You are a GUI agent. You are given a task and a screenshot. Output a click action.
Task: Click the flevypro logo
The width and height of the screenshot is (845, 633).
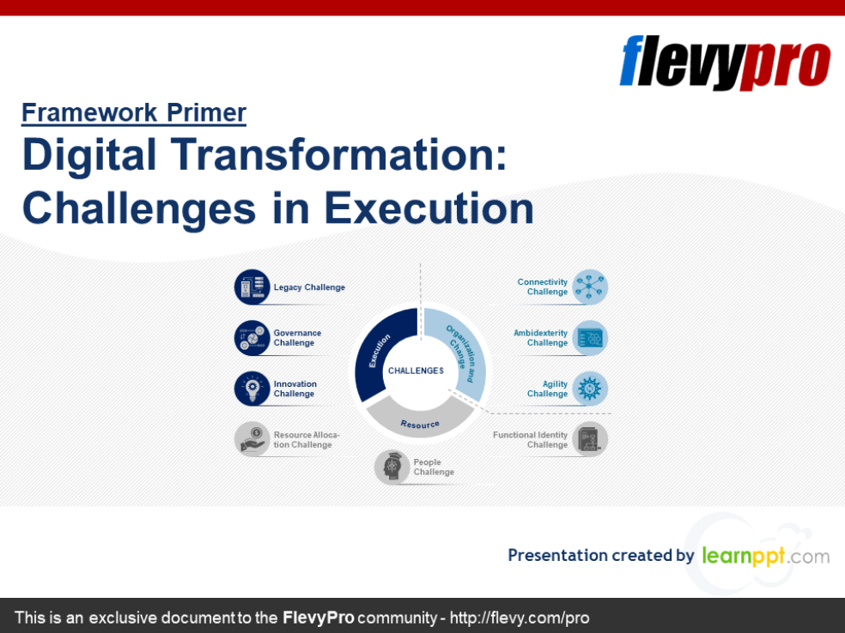point(725,62)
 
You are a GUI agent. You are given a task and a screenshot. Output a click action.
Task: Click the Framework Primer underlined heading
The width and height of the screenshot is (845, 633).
point(134,112)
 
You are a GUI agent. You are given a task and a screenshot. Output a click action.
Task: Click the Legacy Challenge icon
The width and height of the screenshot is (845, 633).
point(252,287)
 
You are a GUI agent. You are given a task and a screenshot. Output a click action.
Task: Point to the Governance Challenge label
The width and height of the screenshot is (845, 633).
point(297,338)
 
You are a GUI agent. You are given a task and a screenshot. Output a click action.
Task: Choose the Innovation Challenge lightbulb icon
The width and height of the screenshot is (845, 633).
point(252,389)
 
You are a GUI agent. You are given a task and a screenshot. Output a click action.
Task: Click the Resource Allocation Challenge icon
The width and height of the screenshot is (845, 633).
point(252,439)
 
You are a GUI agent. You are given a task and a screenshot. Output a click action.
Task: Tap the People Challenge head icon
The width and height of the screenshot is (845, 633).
point(392,467)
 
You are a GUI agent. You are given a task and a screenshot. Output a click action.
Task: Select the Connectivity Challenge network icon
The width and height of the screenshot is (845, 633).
point(590,287)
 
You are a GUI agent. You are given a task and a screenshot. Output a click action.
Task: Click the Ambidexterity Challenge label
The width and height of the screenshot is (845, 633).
point(541,338)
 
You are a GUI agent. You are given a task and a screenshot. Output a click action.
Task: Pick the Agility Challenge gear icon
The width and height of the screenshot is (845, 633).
point(590,389)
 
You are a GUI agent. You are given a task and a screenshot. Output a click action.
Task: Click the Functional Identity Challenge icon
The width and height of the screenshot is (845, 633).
point(590,439)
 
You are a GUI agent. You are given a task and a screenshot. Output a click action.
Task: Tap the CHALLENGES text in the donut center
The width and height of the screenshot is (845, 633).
point(416,371)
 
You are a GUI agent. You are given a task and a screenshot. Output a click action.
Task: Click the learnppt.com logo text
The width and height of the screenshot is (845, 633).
point(765,555)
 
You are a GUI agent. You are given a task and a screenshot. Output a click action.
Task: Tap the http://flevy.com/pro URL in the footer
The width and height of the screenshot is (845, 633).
point(520,618)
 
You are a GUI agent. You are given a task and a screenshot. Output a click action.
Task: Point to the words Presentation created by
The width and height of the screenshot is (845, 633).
point(600,555)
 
